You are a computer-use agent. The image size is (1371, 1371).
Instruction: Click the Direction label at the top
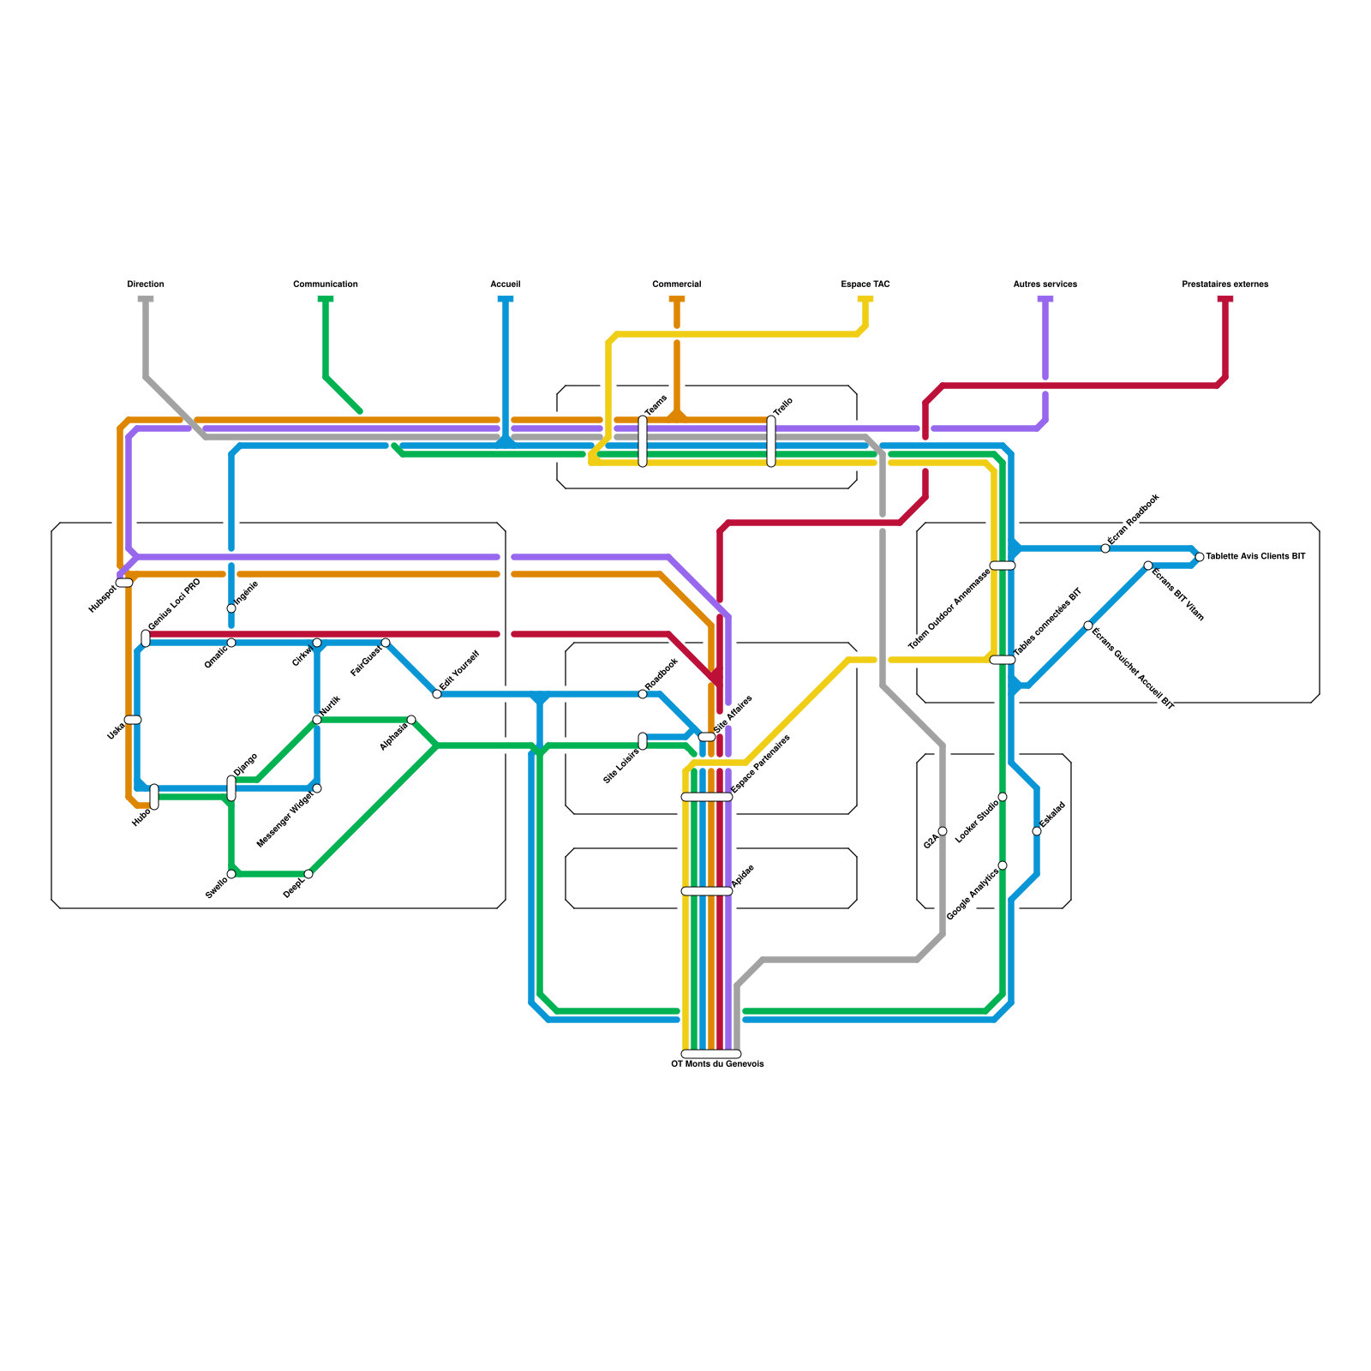146,284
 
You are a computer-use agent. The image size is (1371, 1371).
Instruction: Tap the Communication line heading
326,284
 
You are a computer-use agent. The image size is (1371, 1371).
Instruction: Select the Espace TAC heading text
865,284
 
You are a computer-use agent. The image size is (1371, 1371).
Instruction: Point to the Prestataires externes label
1225,284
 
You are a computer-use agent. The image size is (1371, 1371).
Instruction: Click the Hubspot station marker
124,583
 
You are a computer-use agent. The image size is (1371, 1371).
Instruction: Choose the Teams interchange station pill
643,441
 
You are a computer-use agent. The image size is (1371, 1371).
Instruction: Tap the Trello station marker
771,441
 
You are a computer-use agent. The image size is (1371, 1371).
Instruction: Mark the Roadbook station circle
643,694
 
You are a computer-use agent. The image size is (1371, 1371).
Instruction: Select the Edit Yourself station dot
437,694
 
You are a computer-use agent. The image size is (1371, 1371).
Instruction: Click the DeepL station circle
308,874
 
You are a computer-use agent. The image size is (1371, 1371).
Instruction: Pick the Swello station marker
231,874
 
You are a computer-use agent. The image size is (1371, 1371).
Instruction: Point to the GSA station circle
943,831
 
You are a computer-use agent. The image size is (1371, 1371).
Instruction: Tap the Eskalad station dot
1037,831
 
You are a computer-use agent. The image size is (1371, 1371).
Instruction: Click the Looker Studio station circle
1003,797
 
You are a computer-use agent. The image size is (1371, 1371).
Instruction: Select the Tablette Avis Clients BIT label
1255,557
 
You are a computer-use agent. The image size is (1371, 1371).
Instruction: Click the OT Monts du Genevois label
717,1064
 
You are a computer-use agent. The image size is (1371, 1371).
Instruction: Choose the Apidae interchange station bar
707,891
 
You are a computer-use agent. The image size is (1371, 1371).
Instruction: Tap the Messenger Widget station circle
317,788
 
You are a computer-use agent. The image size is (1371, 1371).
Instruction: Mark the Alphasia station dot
411,720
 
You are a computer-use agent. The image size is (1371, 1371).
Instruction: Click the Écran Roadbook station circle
1105,548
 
